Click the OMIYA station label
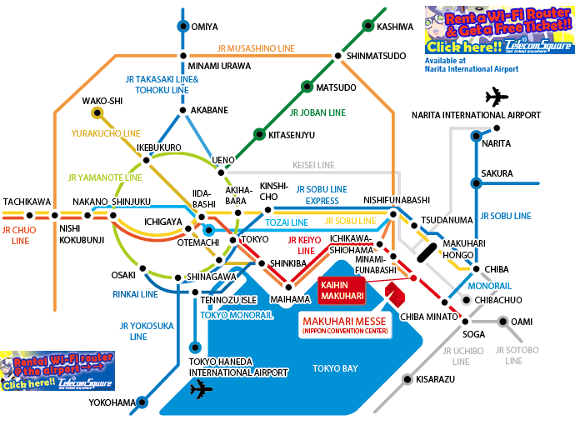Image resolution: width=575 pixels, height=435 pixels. click(x=204, y=27)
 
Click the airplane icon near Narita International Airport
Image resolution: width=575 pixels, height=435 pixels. click(x=496, y=97)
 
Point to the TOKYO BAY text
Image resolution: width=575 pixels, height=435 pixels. click(x=335, y=367)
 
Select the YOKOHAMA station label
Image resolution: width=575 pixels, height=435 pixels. click(x=112, y=403)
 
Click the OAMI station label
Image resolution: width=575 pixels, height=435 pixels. click(x=521, y=322)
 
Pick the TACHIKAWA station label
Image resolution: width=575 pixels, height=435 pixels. click(x=27, y=202)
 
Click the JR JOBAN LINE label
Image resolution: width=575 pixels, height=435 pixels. click(x=316, y=112)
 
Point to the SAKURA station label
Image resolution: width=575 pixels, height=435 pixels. click(x=497, y=173)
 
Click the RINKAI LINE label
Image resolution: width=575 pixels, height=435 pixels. click(x=135, y=294)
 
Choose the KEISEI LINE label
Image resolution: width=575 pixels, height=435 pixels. click(x=313, y=165)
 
